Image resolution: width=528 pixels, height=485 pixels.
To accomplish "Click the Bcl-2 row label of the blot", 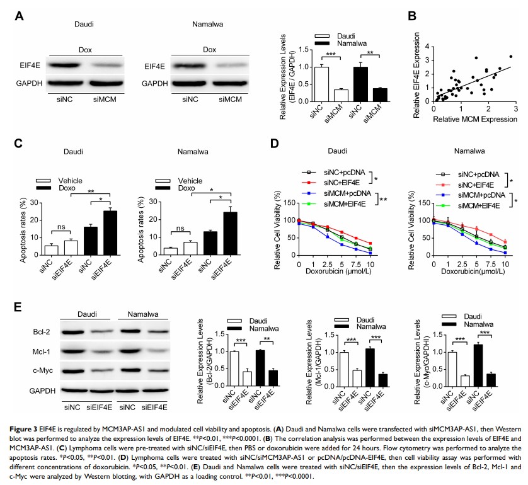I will tap(43, 330).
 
